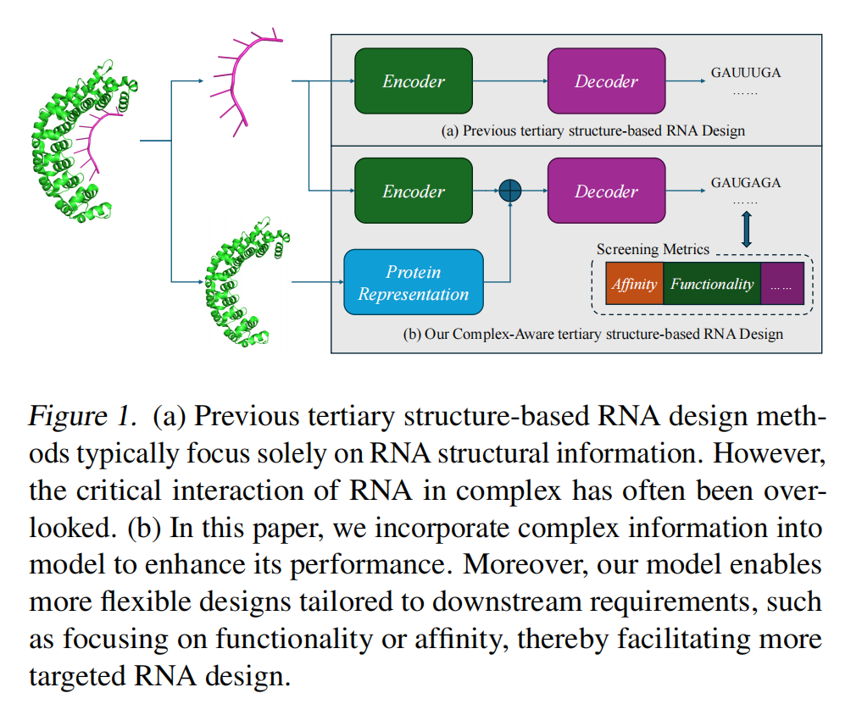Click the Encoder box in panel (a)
413,81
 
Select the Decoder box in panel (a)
606,81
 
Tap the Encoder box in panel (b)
413,191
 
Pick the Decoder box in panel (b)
606,191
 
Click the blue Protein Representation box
413,283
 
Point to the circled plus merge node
509,191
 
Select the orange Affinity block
634,285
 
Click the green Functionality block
711,285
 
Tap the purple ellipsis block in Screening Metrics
781,285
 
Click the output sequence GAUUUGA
746,73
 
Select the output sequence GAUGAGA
746,183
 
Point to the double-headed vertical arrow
747,230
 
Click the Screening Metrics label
653,249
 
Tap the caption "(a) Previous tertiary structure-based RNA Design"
593,130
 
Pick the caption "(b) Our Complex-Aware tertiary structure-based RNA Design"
592,334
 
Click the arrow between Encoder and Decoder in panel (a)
509,81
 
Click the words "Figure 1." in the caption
82,417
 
